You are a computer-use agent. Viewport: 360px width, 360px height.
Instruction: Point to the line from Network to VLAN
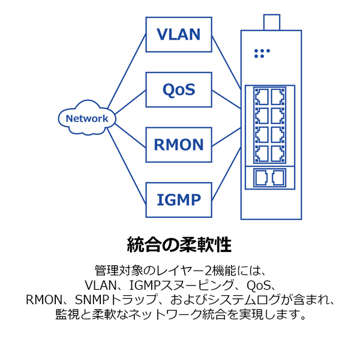point(127,71)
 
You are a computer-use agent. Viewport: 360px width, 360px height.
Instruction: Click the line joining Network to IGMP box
point(127,166)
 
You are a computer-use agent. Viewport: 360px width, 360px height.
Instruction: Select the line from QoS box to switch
point(226,99)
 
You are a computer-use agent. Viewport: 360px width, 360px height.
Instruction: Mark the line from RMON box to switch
point(226,137)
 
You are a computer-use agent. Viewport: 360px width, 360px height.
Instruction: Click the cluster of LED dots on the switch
point(262,53)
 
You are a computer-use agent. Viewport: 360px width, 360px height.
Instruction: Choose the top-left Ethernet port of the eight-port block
point(262,97)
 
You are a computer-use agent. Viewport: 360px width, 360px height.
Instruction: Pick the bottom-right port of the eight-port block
point(278,154)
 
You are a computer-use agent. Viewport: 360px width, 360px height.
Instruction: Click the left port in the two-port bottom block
point(262,178)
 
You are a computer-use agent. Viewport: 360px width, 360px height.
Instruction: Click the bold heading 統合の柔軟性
point(179,245)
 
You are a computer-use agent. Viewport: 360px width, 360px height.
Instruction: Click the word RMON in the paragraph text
point(44,299)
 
